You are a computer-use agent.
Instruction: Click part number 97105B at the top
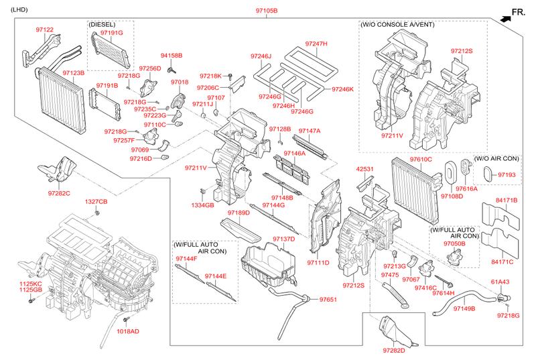(266, 11)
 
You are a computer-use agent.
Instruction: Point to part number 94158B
(172, 55)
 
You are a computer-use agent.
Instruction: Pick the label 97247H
(316, 44)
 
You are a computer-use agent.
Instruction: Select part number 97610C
(421, 159)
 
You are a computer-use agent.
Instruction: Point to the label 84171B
(507, 200)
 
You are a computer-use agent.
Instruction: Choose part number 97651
(329, 300)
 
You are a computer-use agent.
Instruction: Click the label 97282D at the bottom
(395, 350)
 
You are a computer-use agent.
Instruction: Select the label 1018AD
(127, 331)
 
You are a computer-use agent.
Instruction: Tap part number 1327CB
(96, 202)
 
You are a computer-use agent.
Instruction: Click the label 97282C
(59, 193)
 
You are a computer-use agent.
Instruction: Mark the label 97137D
(284, 239)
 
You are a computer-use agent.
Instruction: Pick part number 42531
(365, 169)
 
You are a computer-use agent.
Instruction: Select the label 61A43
(500, 282)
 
